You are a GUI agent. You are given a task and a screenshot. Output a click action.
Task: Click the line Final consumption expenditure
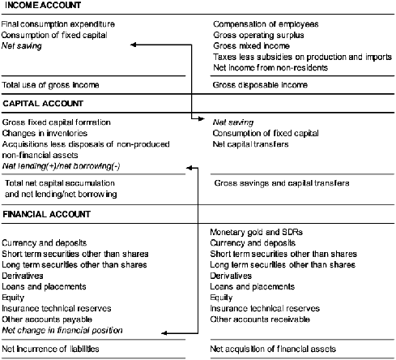point(57,25)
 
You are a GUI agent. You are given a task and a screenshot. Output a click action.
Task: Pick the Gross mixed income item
point(249,47)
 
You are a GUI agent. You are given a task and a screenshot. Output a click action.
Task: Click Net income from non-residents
point(270,68)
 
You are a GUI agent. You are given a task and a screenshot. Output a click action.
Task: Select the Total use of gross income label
point(51,84)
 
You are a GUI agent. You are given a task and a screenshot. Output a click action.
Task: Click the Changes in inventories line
point(45,133)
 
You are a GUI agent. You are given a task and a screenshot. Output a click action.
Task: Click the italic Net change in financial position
point(62,331)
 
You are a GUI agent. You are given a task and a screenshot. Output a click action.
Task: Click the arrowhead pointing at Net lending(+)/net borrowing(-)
point(189,166)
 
